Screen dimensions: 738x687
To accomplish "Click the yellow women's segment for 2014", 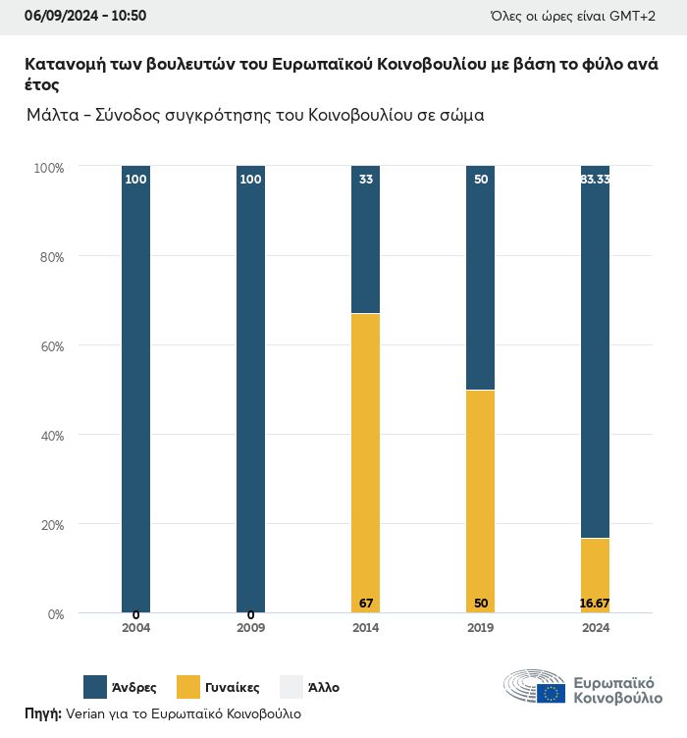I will pos(366,461).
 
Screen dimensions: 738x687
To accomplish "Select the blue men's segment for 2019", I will pos(480,278).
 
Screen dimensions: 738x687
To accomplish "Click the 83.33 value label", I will pos(595,180).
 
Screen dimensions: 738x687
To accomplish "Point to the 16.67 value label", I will pos(595,603).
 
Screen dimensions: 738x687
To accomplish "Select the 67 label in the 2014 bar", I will pos(366,603).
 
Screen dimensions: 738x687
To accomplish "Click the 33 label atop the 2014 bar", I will pos(366,180).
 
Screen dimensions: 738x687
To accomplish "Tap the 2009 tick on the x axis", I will pos(250,628).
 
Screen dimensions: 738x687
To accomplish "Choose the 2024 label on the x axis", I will pos(595,628).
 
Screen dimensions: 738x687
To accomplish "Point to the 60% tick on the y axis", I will pos(49,346).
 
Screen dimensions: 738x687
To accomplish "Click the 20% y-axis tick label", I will pos(49,525).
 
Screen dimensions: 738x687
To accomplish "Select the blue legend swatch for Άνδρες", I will pos(95,687).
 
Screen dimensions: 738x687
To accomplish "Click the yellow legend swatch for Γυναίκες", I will pos(189,687).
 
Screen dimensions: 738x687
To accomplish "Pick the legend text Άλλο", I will pos(324,688).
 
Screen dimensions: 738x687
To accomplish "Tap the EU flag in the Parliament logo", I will pos(551,693).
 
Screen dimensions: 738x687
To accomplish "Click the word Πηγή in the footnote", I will pos(42,713).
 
